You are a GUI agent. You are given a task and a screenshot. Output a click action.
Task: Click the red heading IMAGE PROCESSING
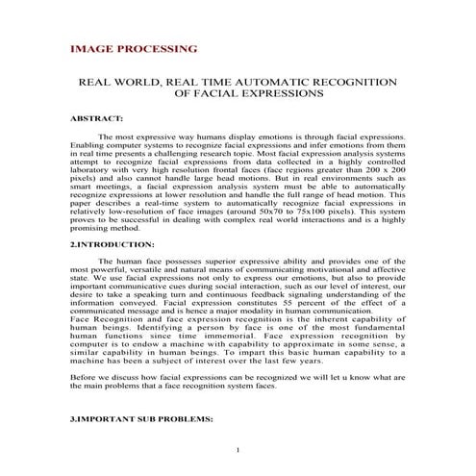pos(134,48)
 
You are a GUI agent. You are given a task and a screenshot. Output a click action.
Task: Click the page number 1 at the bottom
pos(237,451)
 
